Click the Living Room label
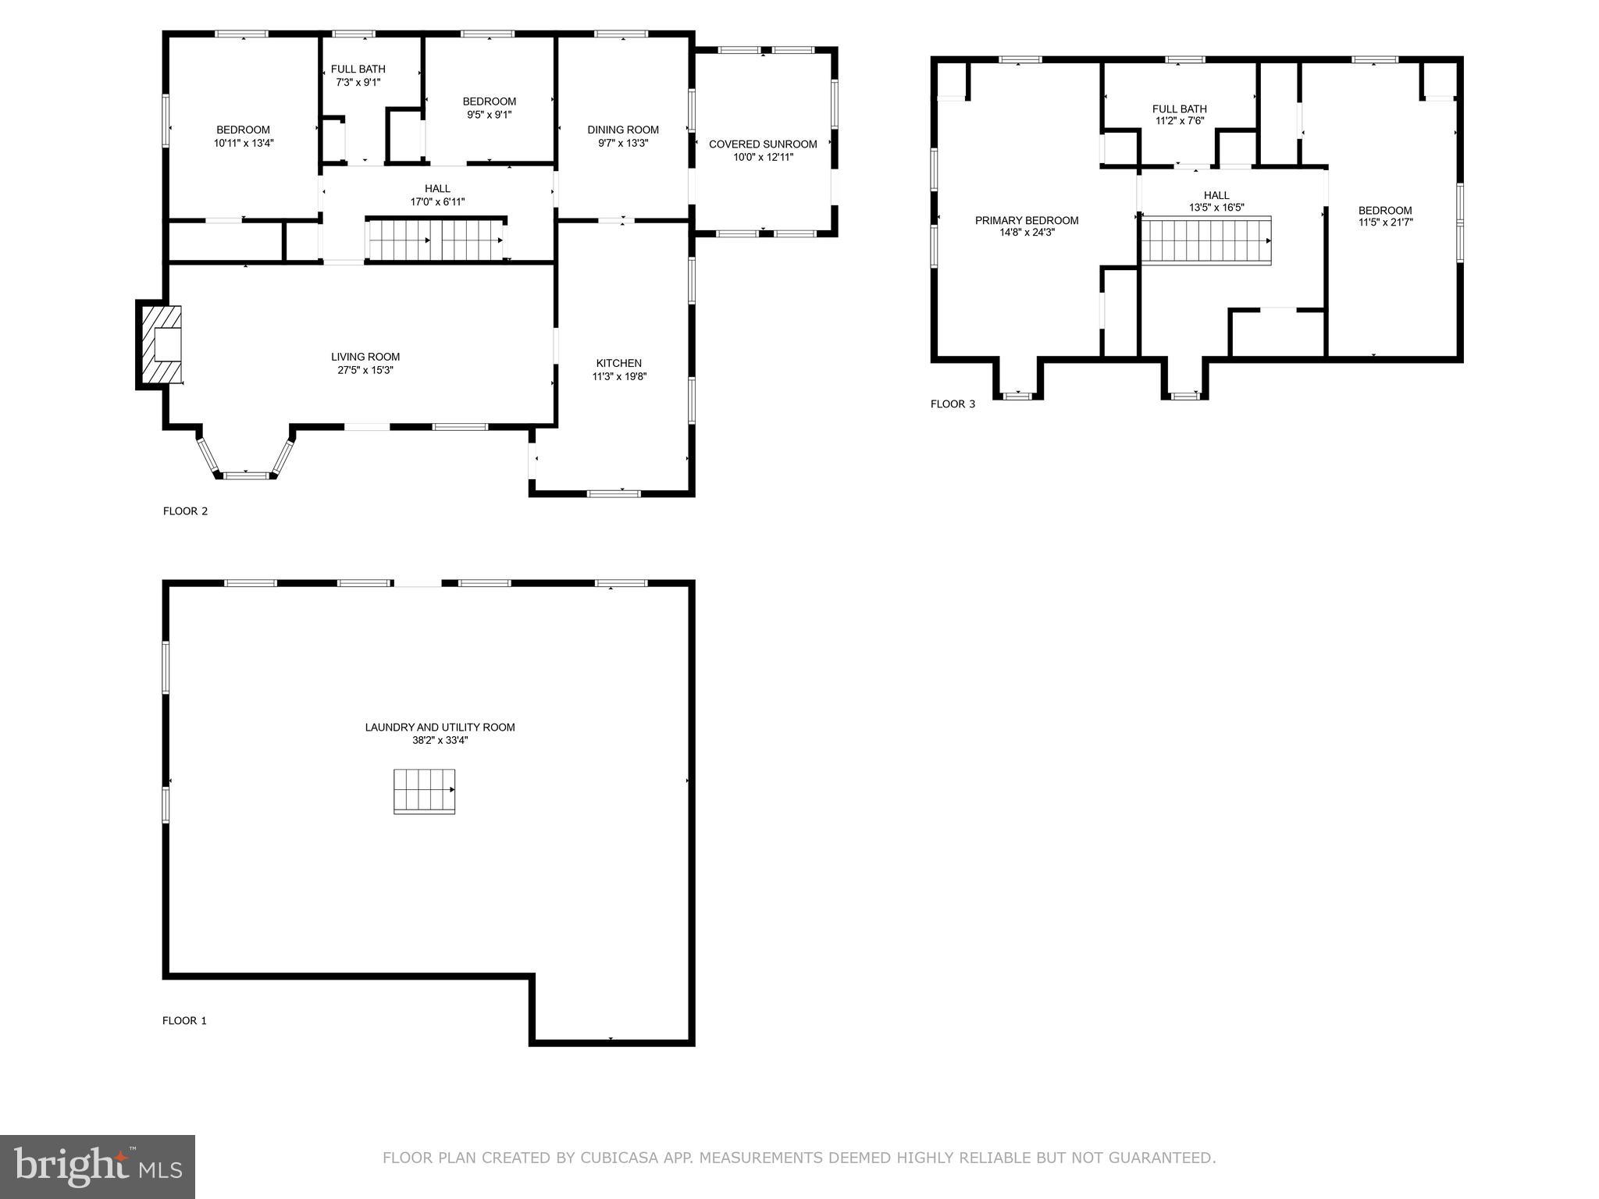click(x=365, y=357)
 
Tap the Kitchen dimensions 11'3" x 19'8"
click(x=619, y=376)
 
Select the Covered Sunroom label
click(x=763, y=144)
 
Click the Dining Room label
click(x=623, y=130)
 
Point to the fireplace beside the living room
click(x=160, y=344)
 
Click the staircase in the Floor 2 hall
click(x=436, y=239)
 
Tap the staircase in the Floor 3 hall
click(x=1206, y=240)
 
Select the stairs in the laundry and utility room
click(x=424, y=792)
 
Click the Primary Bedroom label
click(x=1027, y=220)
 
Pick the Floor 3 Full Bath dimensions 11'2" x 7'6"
click(x=1179, y=121)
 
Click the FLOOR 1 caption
click(x=184, y=1020)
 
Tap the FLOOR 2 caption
click(x=185, y=511)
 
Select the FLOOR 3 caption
click(x=953, y=404)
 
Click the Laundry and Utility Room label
click(x=440, y=727)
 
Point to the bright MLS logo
click(x=98, y=1166)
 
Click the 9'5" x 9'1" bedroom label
click(x=490, y=101)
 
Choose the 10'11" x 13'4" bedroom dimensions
click(x=244, y=143)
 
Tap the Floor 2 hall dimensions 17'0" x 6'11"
click(x=437, y=201)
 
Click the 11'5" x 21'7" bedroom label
click(x=1385, y=210)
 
